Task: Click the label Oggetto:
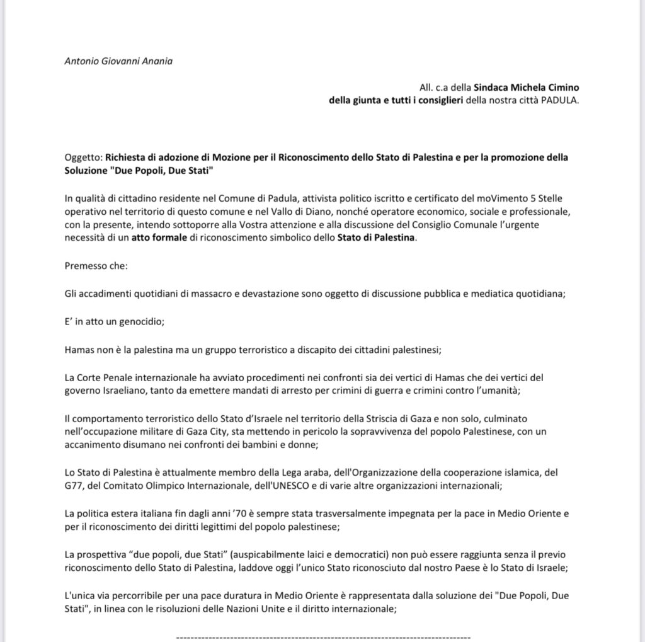click(x=84, y=157)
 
